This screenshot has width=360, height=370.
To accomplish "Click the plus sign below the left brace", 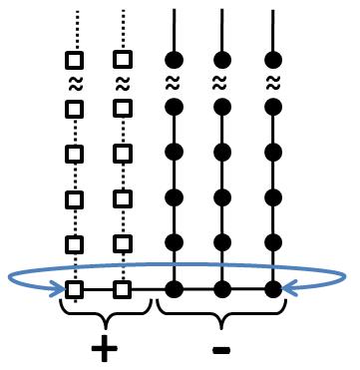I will pyautogui.click(x=102, y=348).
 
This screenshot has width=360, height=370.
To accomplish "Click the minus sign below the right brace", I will pyautogui.click(x=222, y=349).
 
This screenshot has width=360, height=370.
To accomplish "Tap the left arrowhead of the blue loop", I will pyautogui.click(x=62, y=289).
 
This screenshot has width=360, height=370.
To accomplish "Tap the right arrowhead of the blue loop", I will pyautogui.click(x=287, y=289).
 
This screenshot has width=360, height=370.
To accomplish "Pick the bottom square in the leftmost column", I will pyautogui.click(x=74, y=290).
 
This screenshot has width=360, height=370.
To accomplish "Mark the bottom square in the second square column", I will pyautogui.click(x=123, y=290).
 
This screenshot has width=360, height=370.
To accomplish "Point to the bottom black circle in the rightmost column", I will pyautogui.click(x=272, y=290).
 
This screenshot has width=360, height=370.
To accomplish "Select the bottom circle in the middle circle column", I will pyautogui.click(x=222, y=290).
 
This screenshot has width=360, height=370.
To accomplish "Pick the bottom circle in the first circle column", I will pyautogui.click(x=174, y=290).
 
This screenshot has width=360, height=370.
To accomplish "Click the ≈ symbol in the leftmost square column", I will pyautogui.click(x=74, y=84).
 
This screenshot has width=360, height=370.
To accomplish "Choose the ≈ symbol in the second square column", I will pyautogui.click(x=123, y=84).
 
